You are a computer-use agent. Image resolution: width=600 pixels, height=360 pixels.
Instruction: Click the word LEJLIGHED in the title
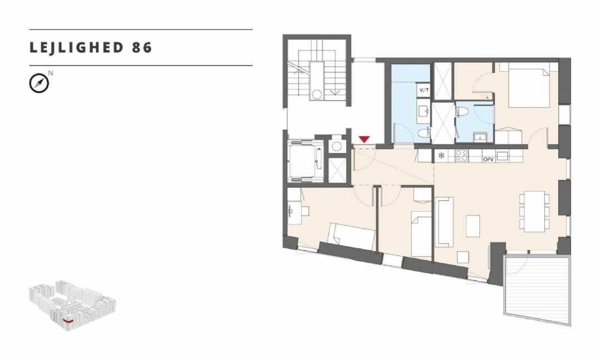coord(77,47)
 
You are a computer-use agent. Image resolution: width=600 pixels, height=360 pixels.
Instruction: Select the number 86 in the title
coord(142,47)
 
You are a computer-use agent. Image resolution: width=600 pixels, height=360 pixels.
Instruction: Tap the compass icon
coord(39,83)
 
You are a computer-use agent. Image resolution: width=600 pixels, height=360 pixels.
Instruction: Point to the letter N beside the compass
coord(51,73)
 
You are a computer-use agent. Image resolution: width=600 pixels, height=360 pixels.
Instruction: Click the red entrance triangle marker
coord(364,139)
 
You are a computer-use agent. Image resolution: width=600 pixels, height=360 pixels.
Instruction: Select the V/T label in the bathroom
coord(424,91)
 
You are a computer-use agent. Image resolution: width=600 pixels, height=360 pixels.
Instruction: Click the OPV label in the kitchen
coord(488,159)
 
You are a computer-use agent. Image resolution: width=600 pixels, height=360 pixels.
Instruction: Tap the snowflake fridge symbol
coord(441,156)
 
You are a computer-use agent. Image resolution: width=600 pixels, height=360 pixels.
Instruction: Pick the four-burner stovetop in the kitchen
coord(462,156)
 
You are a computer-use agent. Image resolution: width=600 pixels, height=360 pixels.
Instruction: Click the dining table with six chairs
coord(534,211)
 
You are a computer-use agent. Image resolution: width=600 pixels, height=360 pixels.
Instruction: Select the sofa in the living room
coord(444,222)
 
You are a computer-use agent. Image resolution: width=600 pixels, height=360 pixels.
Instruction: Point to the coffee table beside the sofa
coord(473,226)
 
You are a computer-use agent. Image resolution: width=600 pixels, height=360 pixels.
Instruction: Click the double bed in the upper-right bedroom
coord(528,88)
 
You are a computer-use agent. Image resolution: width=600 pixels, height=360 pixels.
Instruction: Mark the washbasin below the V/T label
coord(424,112)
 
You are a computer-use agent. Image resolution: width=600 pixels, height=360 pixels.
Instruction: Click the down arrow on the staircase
coord(335,92)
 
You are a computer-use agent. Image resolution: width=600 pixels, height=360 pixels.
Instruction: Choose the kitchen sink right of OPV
coord(502,156)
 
